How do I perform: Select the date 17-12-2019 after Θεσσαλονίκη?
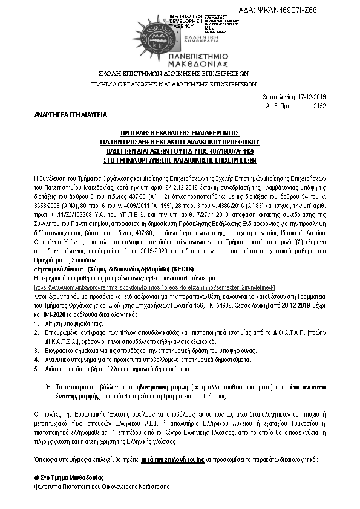coord(312,96)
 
